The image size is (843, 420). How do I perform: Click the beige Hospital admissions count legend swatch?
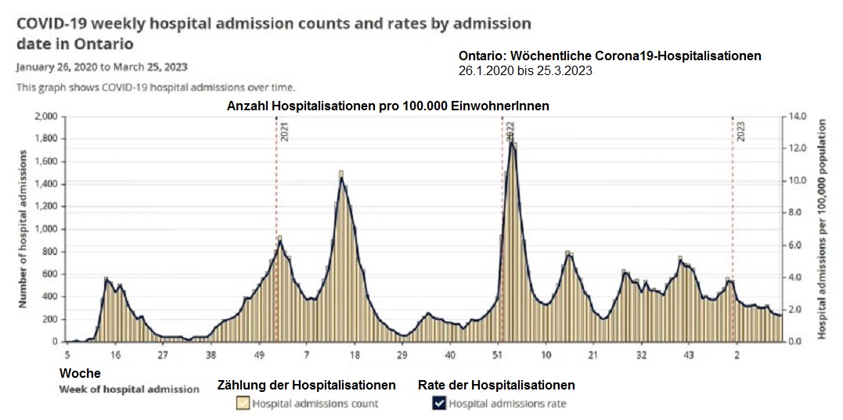pyautogui.click(x=243, y=404)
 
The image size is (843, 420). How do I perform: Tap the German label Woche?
pyautogui.click(x=80, y=374)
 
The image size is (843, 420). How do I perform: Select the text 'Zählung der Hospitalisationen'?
pyautogui.click(x=306, y=385)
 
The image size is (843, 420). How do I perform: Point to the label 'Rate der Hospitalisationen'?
pyautogui.click(x=496, y=385)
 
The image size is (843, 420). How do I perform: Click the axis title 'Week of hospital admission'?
pyautogui.click(x=129, y=389)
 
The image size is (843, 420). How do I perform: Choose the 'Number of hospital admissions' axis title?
pyautogui.click(x=24, y=228)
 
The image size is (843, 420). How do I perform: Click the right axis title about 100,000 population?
pyautogui.click(x=823, y=228)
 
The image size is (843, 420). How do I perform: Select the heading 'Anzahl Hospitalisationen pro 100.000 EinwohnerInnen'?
pyautogui.click(x=387, y=106)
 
